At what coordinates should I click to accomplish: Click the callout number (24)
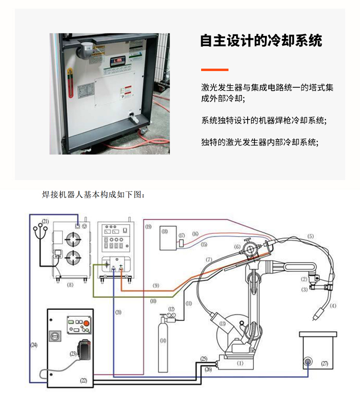tap(34, 344)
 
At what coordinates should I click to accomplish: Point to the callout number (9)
tap(156, 285)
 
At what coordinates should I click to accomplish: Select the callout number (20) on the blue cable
tap(118, 312)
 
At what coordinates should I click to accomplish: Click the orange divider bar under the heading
tap(214, 70)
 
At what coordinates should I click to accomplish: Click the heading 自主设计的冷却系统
tap(261, 41)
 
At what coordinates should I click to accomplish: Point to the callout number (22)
tap(84, 380)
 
